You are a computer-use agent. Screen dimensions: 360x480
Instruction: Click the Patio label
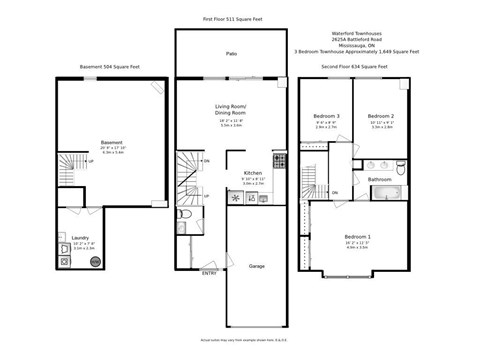pos(231,52)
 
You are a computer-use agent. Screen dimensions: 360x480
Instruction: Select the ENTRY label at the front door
pos(209,273)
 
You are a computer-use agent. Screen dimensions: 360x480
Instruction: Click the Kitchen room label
pos(252,173)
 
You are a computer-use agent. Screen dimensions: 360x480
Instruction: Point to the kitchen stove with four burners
pos(280,160)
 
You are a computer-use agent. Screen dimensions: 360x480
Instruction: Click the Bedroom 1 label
pos(357,237)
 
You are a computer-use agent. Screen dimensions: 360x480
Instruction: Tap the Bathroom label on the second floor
pos(379,179)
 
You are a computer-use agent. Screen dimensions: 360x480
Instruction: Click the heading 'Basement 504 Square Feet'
pos(109,67)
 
